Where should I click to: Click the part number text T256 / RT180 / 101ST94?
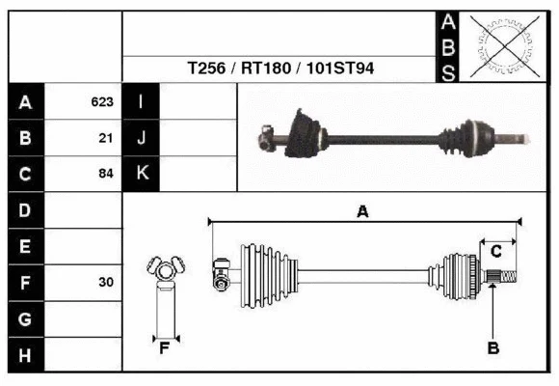coord(280,69)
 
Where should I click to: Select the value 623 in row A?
coord(102,101)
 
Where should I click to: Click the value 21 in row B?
coord(106,138)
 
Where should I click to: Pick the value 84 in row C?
coord(106,175)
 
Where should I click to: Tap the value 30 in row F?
coord(106,283)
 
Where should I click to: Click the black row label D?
coord(25,210)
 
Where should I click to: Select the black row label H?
coord(25,355)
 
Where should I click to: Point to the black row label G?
coord(25,318)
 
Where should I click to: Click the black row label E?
coord(25,246)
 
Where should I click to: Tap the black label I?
coord(141,101)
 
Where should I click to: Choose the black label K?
coord(141,174)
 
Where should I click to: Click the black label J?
coord(141,138)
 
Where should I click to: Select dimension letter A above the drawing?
coord(362,212)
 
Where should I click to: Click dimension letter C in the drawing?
coord(495,252)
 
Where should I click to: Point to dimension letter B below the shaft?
coord(492,348)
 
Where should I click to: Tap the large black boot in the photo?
coord(307,132)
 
